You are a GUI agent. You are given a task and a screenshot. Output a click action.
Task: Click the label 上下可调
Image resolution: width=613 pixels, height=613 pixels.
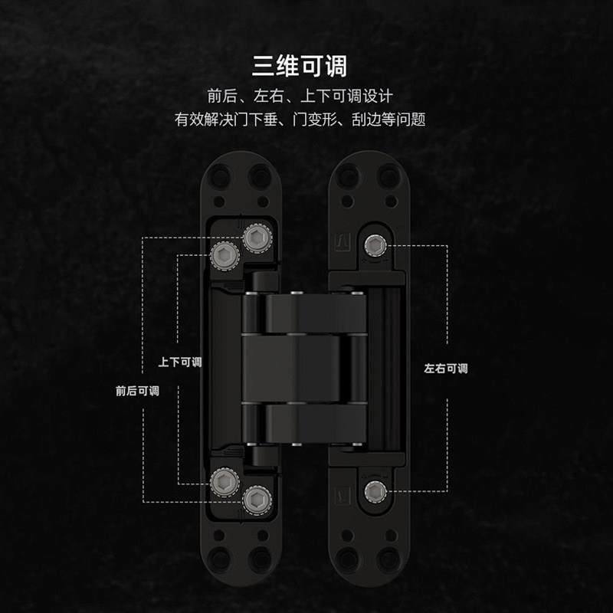tap(179, 362)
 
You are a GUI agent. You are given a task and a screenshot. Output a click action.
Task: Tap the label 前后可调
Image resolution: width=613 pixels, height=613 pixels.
tap(137, 390)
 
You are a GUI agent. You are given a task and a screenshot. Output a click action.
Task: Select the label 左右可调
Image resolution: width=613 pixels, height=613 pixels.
tap(445, 369)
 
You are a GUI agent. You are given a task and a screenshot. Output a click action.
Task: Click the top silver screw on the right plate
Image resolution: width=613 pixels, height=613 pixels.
tap(375, 245)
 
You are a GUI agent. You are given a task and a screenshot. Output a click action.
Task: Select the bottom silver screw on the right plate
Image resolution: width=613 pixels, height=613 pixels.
tap(375, 490)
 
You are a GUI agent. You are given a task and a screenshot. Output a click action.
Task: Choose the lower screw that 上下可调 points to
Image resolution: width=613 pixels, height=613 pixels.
tap(224, 482)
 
